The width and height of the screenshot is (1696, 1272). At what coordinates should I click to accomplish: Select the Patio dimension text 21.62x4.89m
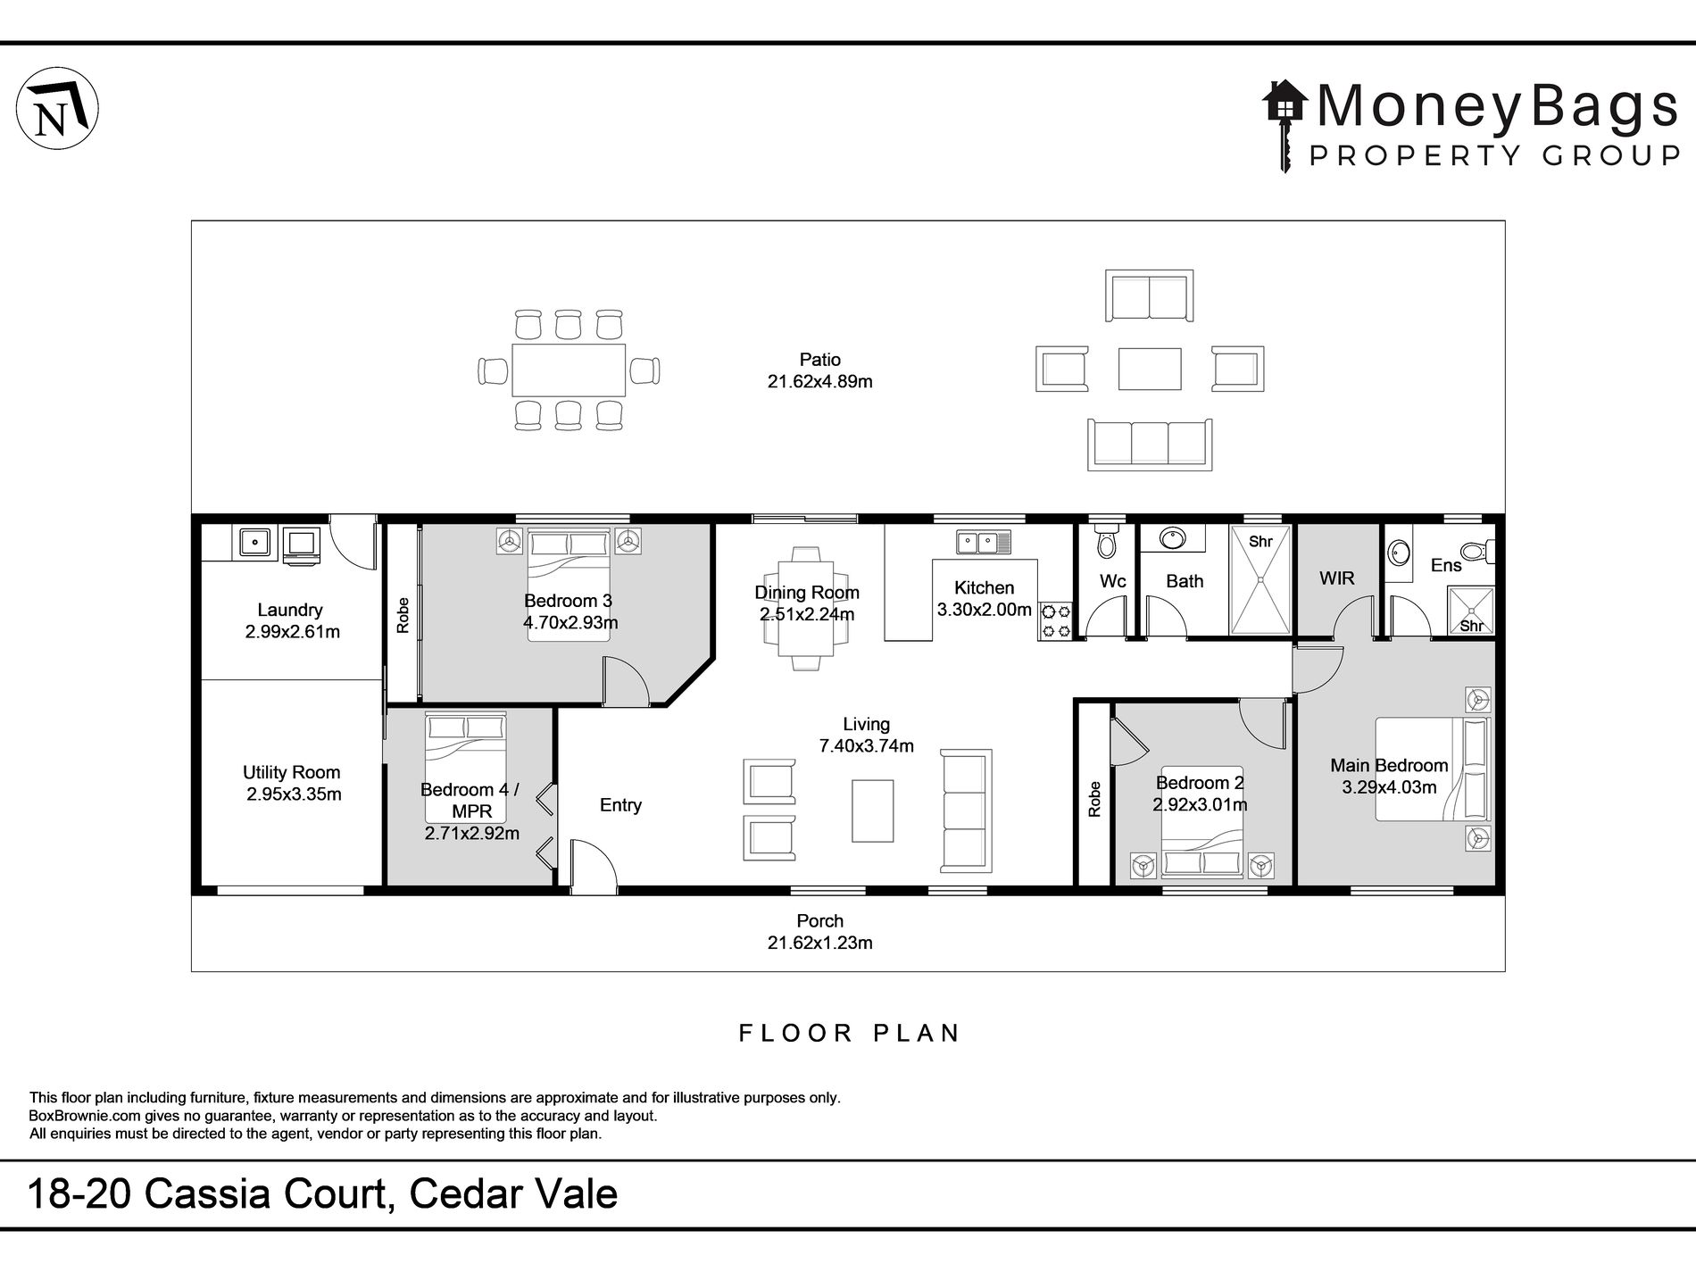[819, 382]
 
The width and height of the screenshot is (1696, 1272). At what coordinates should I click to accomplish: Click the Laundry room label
[289, 611]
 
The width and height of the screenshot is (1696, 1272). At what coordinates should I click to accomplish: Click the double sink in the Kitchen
[983, 541]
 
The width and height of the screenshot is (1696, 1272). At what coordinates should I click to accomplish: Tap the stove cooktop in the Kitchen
[1055, 621]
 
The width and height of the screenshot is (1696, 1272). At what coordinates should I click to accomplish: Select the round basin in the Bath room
[1171, 538]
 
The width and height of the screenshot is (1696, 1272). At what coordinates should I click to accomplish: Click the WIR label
[1336, 578]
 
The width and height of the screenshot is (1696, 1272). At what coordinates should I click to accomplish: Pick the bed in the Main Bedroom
[1432, 769]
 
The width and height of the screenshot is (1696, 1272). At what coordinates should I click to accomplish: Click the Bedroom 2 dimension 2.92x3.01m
[1200, 804]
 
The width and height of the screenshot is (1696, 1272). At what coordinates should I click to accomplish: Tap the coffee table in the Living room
[872, 811]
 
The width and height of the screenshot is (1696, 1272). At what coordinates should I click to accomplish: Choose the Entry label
[620, 805]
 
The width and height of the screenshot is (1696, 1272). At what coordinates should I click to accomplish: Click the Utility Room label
[291, 773]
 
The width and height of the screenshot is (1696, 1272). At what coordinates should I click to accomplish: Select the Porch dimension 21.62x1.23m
[819, 943]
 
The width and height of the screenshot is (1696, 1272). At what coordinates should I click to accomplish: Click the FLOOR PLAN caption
[849, 1034]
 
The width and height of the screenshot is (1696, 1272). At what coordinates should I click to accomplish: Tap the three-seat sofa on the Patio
[1149, 444]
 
